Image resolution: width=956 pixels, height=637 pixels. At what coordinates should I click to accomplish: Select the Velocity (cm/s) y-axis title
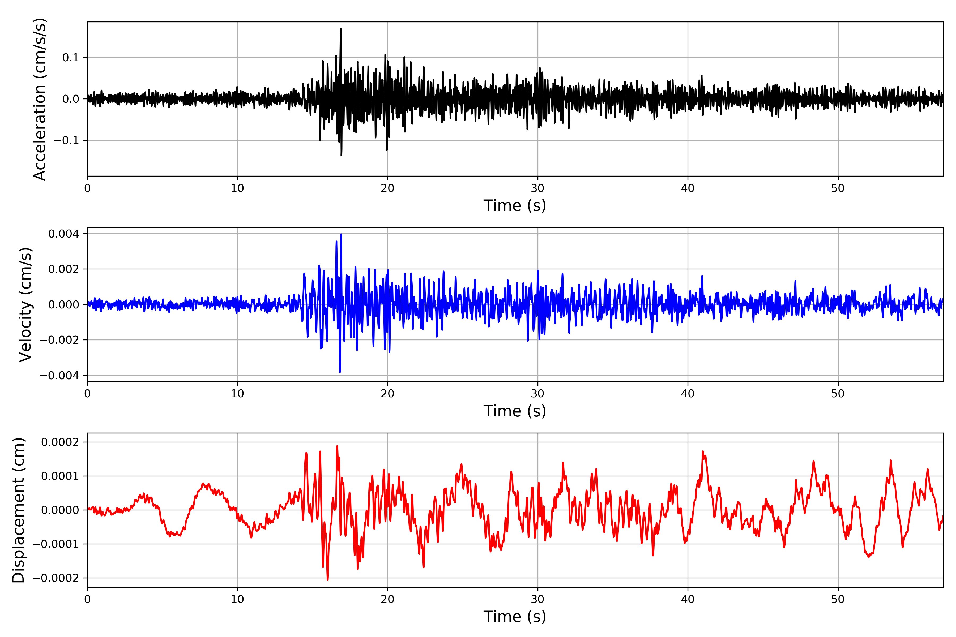[25, 305]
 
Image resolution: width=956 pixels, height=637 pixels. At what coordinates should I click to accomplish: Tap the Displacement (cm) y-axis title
[18, 510]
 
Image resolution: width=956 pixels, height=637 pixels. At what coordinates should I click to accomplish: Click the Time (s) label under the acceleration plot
[515, 205]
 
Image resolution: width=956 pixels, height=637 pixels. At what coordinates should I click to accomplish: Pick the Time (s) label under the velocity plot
[515, 411]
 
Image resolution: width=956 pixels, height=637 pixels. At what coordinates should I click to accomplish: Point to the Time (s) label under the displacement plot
[515, 617]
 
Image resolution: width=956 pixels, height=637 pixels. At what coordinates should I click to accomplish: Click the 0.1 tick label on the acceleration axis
[71, 58]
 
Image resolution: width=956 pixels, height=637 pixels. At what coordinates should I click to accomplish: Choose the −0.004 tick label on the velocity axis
[59, 375]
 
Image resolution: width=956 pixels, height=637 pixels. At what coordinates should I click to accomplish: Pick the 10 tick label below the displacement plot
[237, 599]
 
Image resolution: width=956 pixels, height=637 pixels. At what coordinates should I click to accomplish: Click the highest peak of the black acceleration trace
[341, 29]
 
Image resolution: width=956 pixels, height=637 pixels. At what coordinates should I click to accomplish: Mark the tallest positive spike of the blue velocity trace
[341, 234]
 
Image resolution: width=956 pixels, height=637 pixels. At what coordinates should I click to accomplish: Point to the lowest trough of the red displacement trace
[328, 580]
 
